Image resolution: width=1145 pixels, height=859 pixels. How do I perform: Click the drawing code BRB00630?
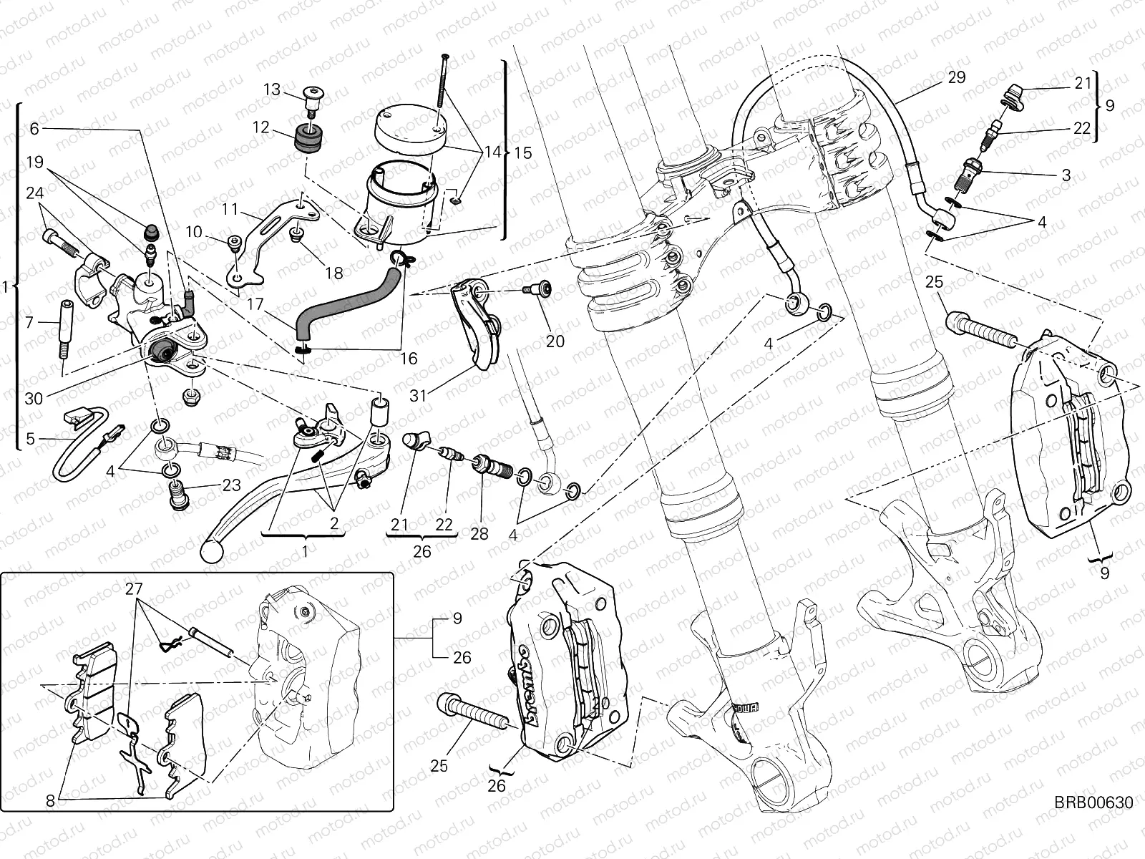[1093, 803]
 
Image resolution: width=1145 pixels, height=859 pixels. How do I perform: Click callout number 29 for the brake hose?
[957, 77]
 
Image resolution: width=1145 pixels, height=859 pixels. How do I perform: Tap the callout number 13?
[272, 89]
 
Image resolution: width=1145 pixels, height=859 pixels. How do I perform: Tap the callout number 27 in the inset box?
[135, 588]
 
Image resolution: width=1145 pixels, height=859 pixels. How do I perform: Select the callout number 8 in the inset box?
[49, 801]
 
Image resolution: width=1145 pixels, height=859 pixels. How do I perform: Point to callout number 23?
[230, 485]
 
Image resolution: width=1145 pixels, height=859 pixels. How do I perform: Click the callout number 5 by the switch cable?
[30, 439]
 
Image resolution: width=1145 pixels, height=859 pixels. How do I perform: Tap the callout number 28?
[479, 534]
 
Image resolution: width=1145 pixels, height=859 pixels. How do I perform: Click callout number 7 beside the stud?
[29, 324]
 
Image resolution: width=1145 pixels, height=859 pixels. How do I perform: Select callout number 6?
[34, 129]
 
